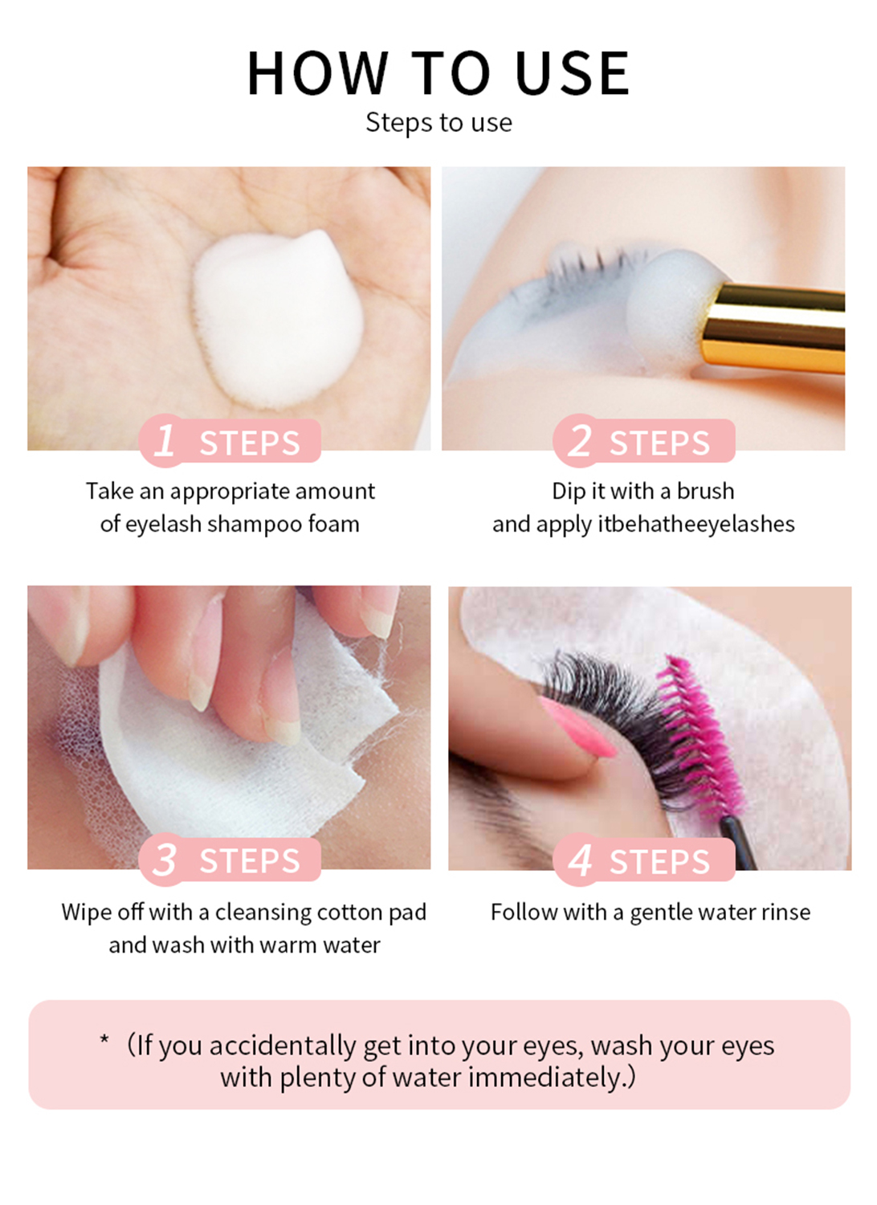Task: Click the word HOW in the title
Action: [316, 73]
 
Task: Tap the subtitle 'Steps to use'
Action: [438, 123]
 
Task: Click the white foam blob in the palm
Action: [277, 319]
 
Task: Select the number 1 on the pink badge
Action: [165, 440]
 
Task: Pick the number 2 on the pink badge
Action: [580, 440]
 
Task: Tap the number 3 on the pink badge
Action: [164, 859]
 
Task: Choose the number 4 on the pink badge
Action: [580, 860]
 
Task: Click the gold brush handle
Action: [774, 328]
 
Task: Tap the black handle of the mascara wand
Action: [740, 842]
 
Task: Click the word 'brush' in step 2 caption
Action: [705, 491]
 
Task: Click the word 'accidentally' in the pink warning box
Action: [283, 1046]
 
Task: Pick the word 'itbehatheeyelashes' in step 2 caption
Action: [696, 525]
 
